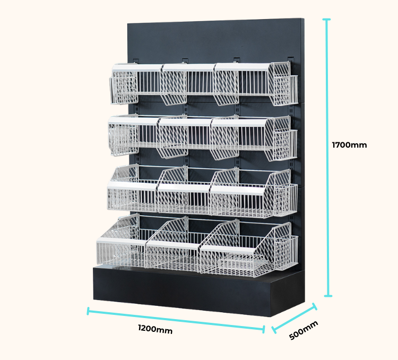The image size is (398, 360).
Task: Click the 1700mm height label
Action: coord(349,144)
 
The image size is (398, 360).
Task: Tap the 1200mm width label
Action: coord(155,329)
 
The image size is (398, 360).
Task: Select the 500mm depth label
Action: coord(304,330)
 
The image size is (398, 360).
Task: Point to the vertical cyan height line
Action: coord(328,159)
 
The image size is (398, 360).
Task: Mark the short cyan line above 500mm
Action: coord(294,319)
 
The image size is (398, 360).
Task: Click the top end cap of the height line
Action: coord(327,20)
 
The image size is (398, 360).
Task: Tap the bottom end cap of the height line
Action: coord(328,296)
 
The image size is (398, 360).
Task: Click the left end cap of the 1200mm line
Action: coord(89,311)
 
